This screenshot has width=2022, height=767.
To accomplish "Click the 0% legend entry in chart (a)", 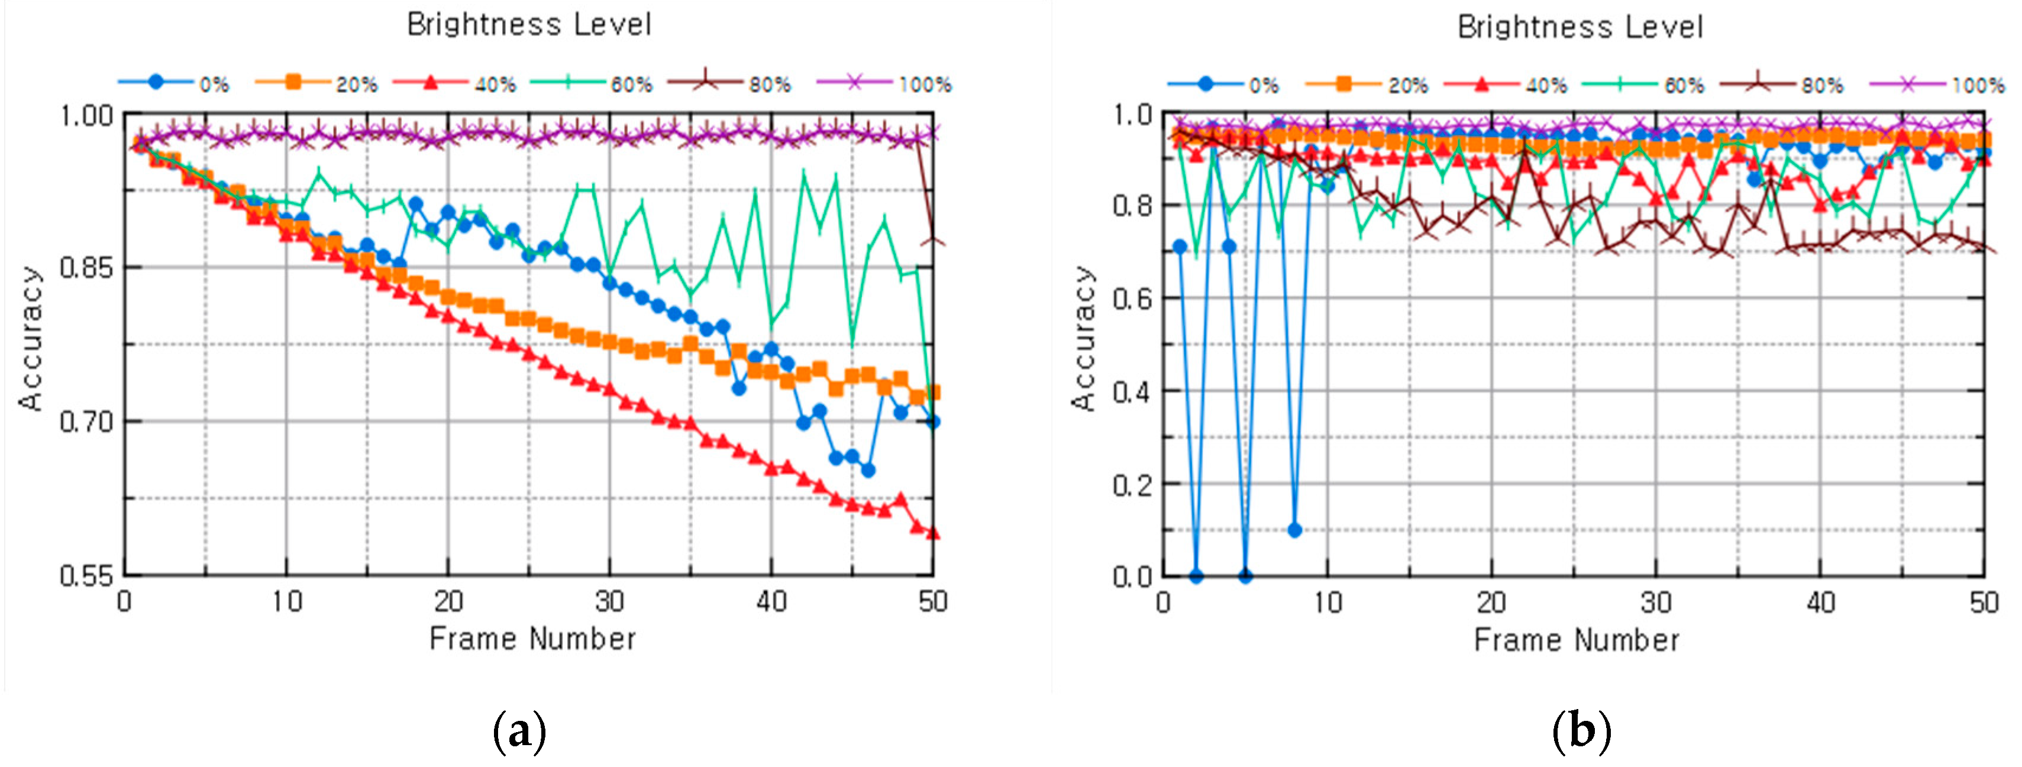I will point(175,83).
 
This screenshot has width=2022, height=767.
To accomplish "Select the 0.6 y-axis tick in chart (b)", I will point(1133,298).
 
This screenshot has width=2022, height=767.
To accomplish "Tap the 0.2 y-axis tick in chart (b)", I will point(1133,484).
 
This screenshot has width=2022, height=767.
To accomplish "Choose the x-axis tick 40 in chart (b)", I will point(1820,603).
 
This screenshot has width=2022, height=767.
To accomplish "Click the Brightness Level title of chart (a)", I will point(529,24).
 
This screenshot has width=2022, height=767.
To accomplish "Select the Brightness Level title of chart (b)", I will point(1580,27).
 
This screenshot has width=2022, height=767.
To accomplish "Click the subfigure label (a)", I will point(519,731).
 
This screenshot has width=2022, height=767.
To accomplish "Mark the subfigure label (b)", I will point(1581,731).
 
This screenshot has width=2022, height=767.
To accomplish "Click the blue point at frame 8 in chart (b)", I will point(1294,530).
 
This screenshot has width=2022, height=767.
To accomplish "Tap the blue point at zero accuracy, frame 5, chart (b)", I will point(1245,575).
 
